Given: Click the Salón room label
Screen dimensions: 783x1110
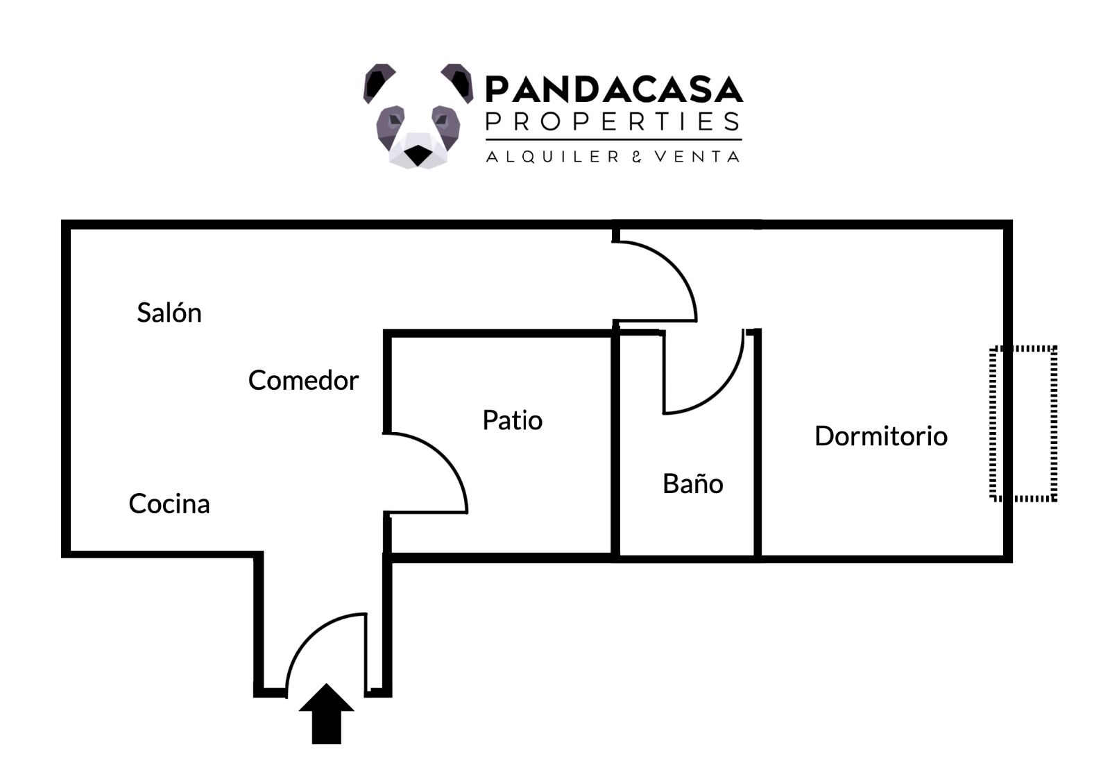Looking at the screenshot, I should (169, 313).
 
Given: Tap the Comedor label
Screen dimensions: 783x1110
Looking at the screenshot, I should (303, 381).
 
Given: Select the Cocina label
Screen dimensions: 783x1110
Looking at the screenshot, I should (169, 504).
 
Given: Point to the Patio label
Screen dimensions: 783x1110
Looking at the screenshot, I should (512, 420).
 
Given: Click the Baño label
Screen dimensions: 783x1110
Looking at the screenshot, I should (692, 484).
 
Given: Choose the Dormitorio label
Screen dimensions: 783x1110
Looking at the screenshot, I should (880, 436).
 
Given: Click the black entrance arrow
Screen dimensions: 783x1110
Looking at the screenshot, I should (326, 714).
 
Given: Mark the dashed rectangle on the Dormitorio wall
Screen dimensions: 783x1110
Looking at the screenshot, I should (1023, 423).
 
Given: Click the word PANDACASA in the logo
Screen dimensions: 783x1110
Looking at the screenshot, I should (613, 89).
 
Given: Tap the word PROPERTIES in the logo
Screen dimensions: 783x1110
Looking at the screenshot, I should (613, 122).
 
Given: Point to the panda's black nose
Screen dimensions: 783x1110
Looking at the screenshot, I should (417, 155).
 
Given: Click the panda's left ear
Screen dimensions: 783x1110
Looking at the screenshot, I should (379, 80).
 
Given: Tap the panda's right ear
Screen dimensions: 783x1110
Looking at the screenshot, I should (457, 80).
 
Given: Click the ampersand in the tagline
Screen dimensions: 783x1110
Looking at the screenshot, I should (636, 157).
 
